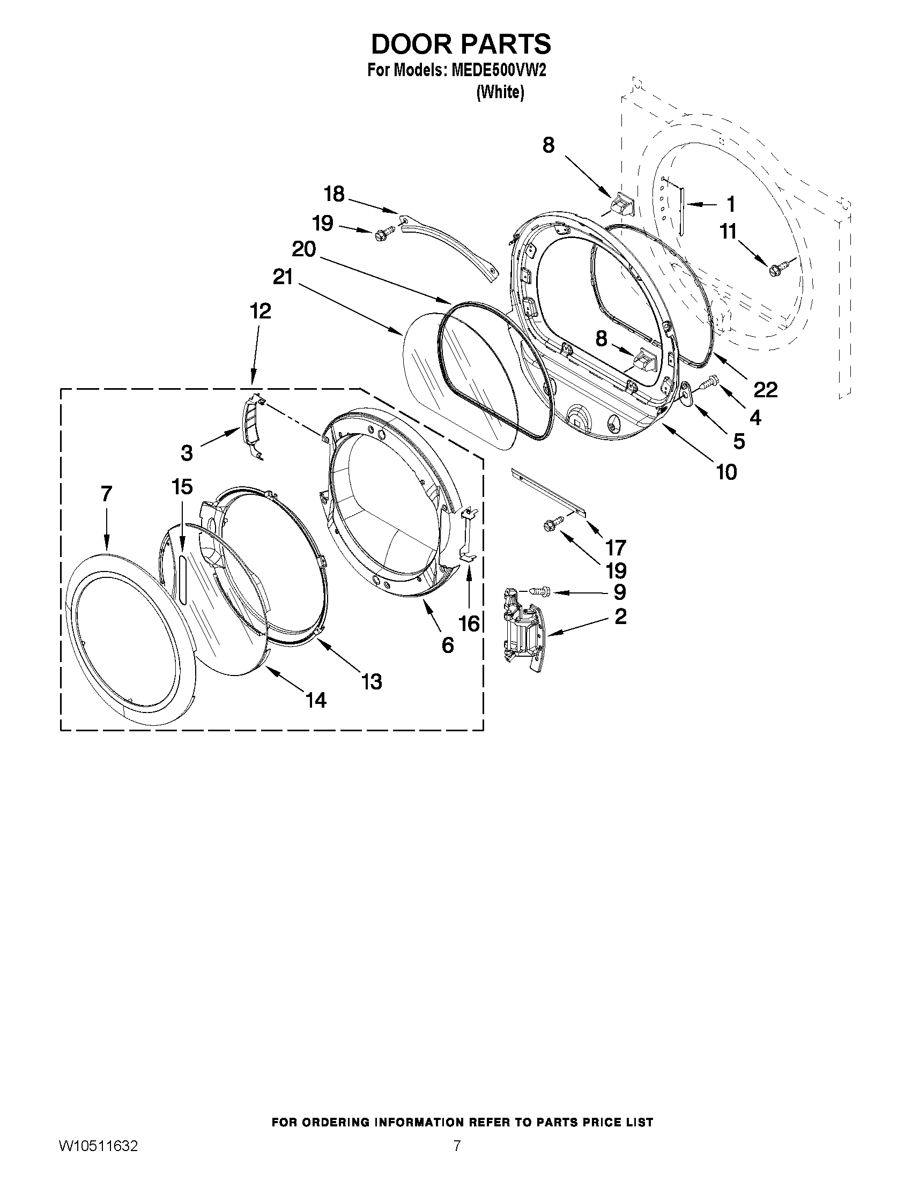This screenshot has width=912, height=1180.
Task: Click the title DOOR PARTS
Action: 461,44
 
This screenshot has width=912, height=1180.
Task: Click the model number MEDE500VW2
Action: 495,71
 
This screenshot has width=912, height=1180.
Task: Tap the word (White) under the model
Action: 500,93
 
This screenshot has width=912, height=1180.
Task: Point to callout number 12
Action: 261,311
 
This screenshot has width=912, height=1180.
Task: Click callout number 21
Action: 283,277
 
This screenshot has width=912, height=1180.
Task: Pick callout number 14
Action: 316,700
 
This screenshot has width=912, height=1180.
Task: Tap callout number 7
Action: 107,494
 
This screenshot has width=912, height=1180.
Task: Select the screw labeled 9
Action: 540,591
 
